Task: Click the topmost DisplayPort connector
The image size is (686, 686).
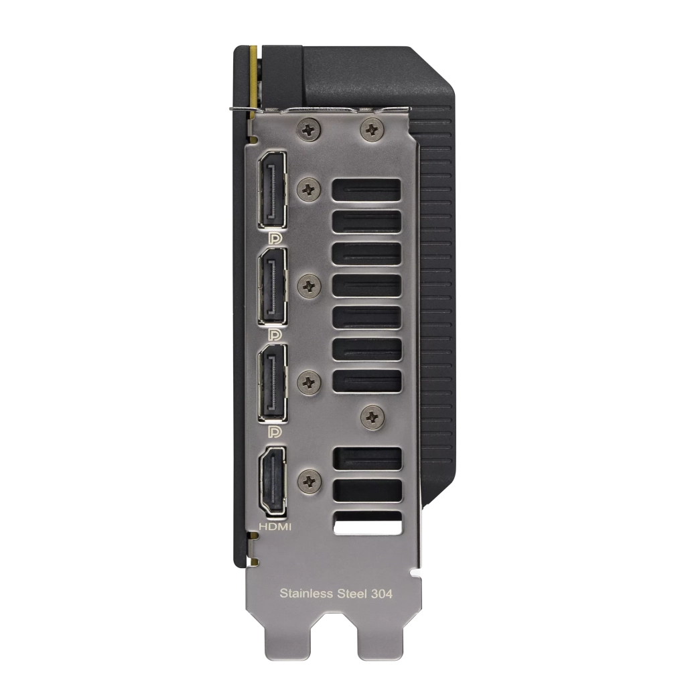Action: tap(273, 189)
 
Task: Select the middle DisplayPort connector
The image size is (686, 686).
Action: tap(273, 285)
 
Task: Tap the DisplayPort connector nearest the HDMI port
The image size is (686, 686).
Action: tap(273, 382)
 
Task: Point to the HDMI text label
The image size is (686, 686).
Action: tap(274, 527)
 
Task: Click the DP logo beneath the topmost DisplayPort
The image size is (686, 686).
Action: tap(273, 237)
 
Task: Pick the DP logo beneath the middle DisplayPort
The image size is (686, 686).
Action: tap(273, 333)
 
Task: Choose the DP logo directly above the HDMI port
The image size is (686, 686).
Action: tap(273, 429)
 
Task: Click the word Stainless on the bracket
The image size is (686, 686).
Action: tap(305, 593)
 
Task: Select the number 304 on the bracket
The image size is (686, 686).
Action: tap(380, 593)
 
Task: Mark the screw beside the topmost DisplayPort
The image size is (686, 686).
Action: tap(309, 190)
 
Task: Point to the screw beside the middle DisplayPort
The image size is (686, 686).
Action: tap(309, 286)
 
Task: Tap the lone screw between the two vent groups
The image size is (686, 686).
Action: tap(372, 418)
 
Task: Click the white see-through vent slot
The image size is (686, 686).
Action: tap(367, 523)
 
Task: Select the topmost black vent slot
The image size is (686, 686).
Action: tap(367, 190)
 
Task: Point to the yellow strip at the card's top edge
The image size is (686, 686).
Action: tap(253, 74)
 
